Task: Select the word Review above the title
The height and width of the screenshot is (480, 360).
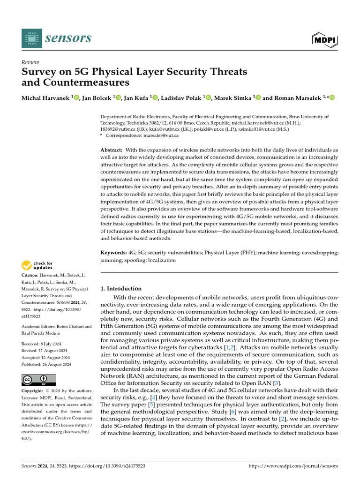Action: click(x=30, y=62)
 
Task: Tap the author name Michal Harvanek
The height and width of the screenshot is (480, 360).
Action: click(x=44, y=97)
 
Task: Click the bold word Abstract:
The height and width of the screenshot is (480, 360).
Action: click(x=112, y=149)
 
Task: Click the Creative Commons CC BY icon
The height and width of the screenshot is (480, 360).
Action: click(x=39, y=380)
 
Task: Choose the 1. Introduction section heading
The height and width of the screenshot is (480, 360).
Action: click(x=121, y=289)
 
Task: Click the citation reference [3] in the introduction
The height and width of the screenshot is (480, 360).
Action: click(x=277, y=383)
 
